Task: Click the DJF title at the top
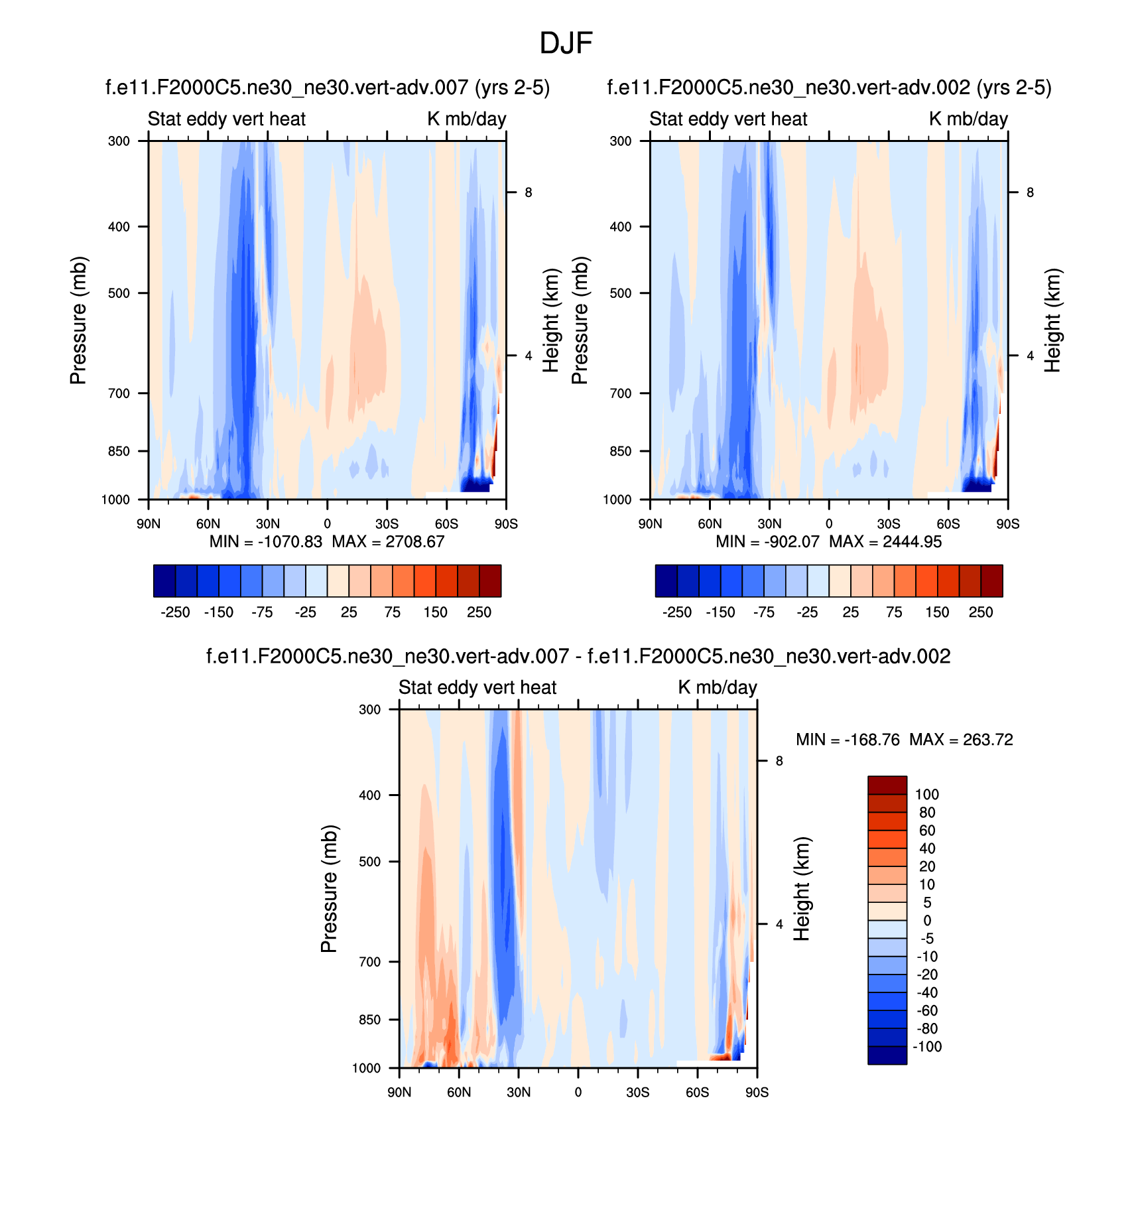click(x=566, y=44)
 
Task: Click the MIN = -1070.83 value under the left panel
click(x=265, y=542)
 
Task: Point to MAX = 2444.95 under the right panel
click(x=885, y=542)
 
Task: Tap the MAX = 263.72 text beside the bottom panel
click(x=961, y=740)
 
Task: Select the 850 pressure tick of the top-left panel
click(x=119, y=451)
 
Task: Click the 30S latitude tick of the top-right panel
click(x=889, y=524)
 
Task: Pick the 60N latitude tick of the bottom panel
click(x=459, y=1093)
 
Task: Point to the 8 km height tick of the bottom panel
click(x=779, y=761)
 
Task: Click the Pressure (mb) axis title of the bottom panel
click(x=330, y=889)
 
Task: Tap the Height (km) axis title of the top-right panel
click(x=1052, y=320)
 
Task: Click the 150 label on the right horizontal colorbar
click(x=937, y=612)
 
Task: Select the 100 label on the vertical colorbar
click(x=927, y=795)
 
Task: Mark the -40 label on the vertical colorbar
click(x=927, y=992)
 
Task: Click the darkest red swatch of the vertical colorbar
click(x=887, y=785)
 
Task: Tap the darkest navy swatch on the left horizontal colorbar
click(x=164, y=581)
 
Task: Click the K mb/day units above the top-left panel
click(x=466, y=119)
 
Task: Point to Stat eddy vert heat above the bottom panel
click(x=477, y=687)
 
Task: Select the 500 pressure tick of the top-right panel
click(x=621, y=293)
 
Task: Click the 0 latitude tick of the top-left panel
click(x=327, y=524)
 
